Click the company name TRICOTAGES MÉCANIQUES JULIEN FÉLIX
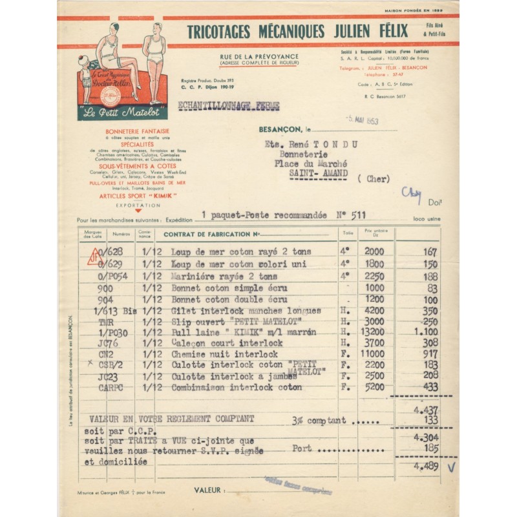(x=297, y=31)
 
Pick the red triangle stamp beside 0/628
(x=95, y=257)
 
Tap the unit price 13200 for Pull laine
(x=374, y=332)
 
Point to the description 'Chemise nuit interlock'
(x=224, y=354)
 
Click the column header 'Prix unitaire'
(x=375, y=231)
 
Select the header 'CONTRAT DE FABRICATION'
(x=211, y=234)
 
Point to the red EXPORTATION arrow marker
(x=138, y=210)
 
